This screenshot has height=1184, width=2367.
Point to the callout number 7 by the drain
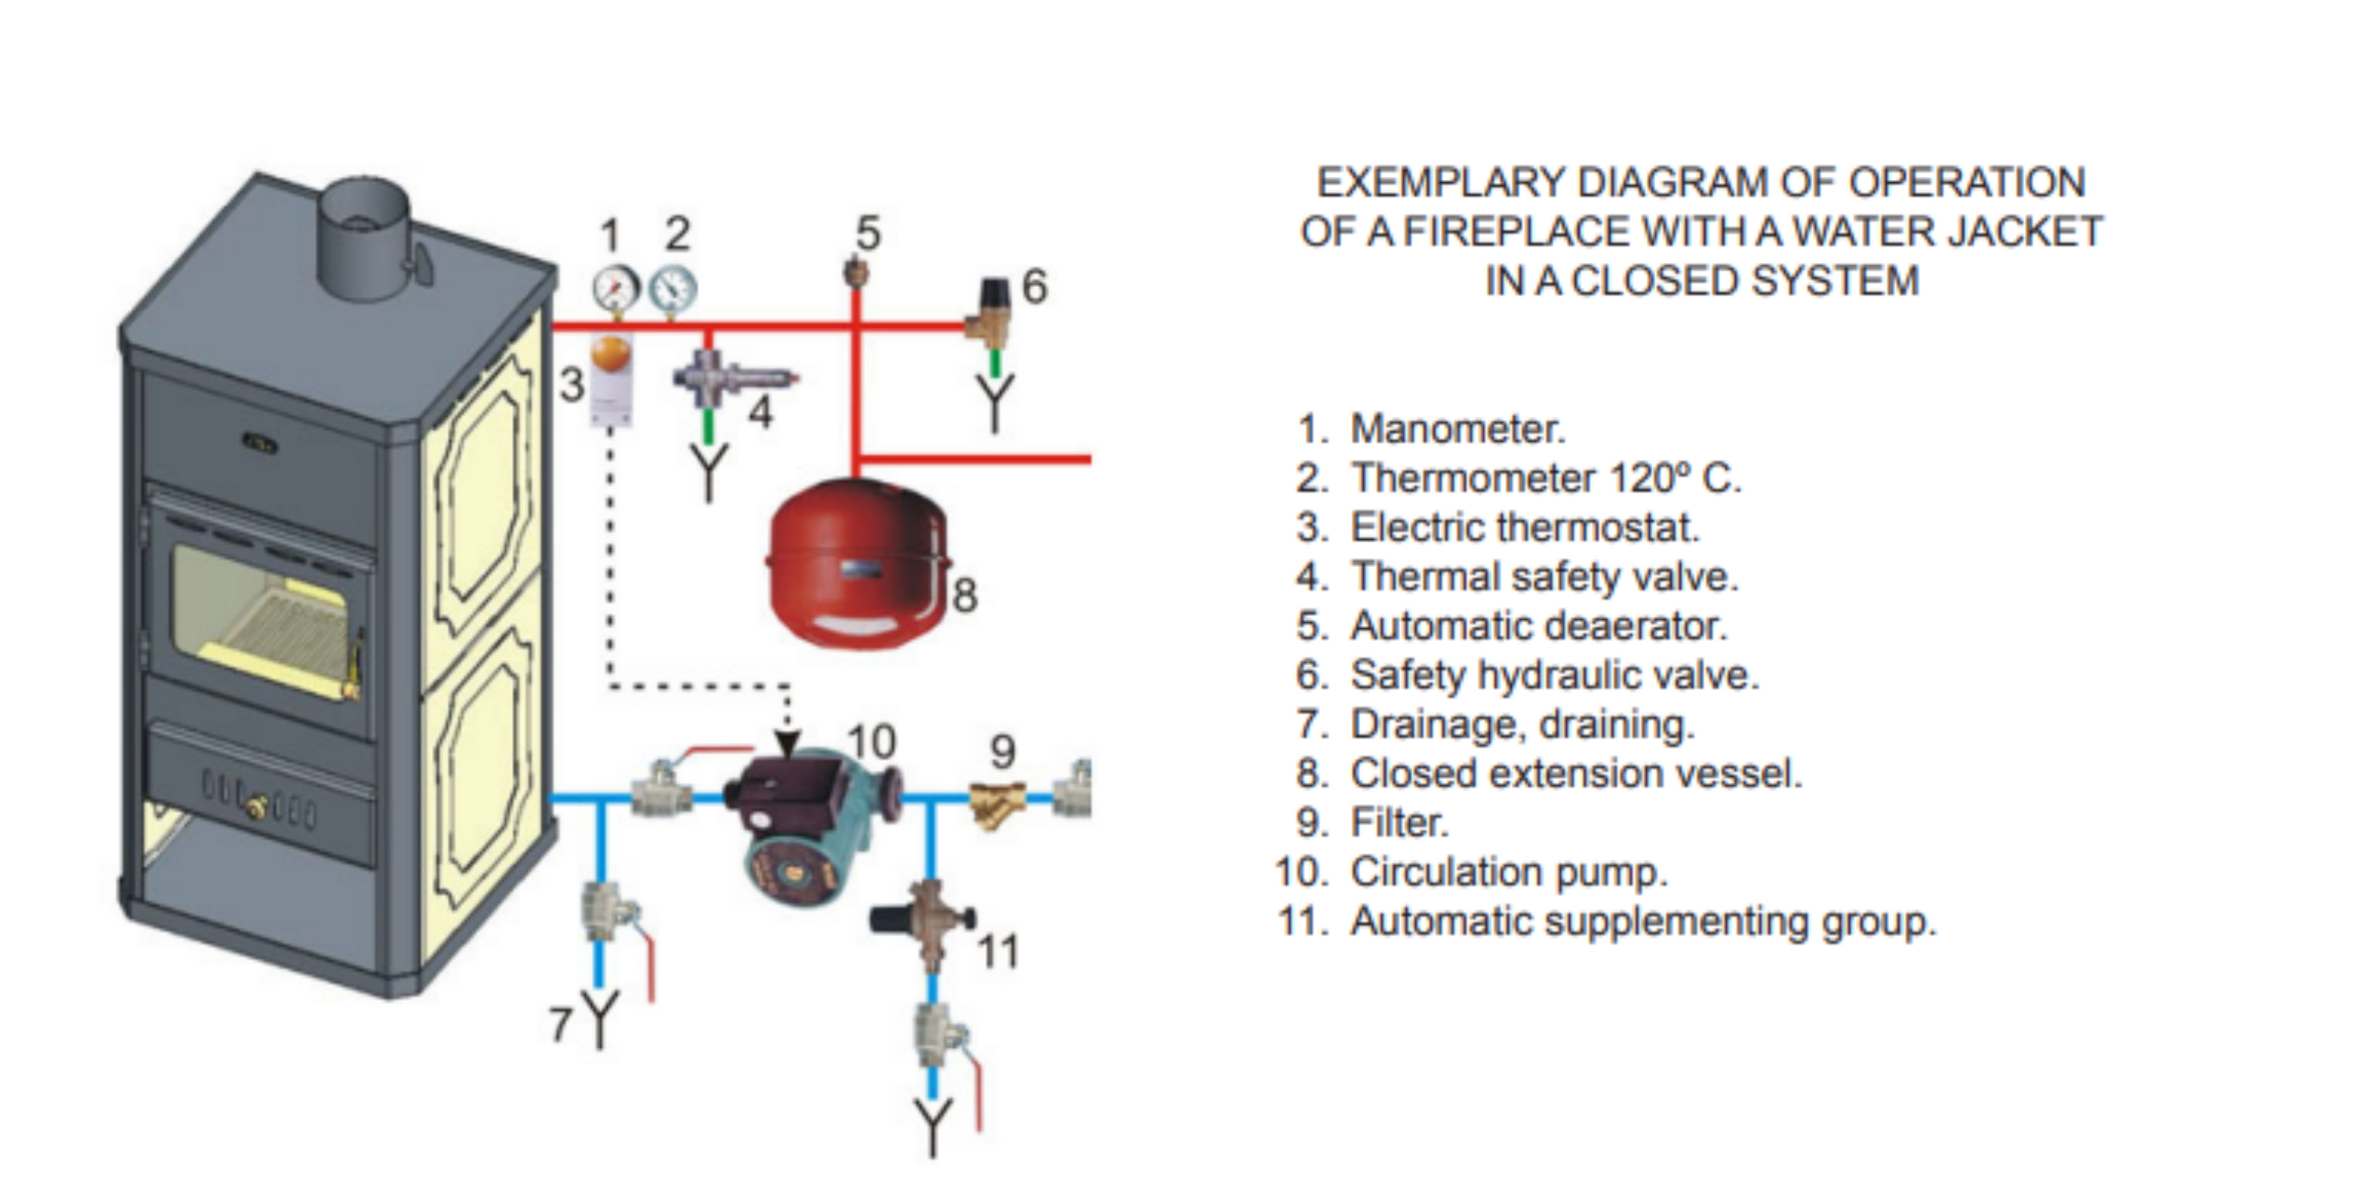[561, 1024]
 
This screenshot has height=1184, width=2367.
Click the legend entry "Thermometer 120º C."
[1545, 478]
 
